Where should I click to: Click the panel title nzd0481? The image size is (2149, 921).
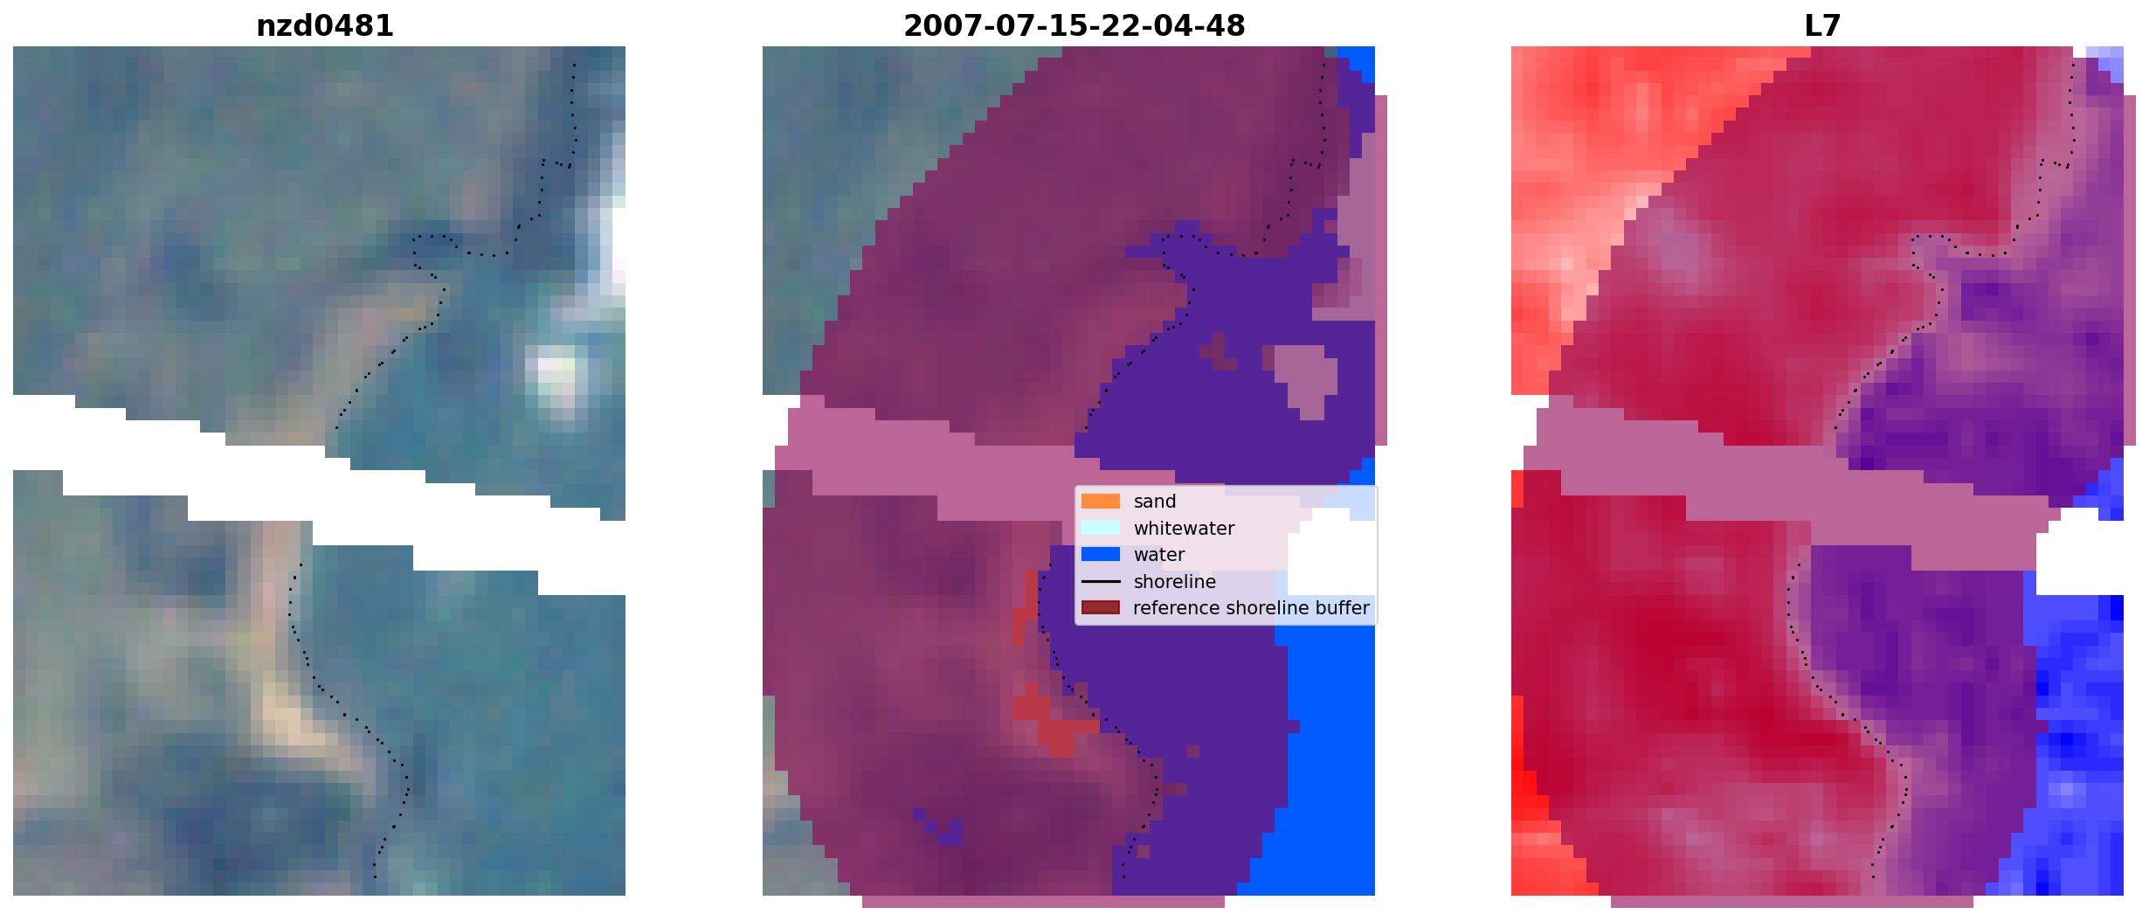[324, 26]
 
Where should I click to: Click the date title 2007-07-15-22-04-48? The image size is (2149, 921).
[1074, 26]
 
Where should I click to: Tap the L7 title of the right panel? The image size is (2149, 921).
[1822, 26]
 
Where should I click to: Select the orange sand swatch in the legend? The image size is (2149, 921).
[1100, 502]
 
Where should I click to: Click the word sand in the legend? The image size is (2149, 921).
[1155, 502]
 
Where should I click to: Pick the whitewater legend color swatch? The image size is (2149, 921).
[1100, 528]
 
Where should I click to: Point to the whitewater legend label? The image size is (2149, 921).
[1184, 529]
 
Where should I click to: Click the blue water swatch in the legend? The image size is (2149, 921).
[1100, 555]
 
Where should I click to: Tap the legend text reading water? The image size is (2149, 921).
[1159, 555]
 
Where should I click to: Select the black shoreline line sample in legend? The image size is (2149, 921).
[1100, 582]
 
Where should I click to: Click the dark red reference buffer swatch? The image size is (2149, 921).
[1100, 608]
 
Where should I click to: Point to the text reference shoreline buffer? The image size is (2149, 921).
[1251, 608]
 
